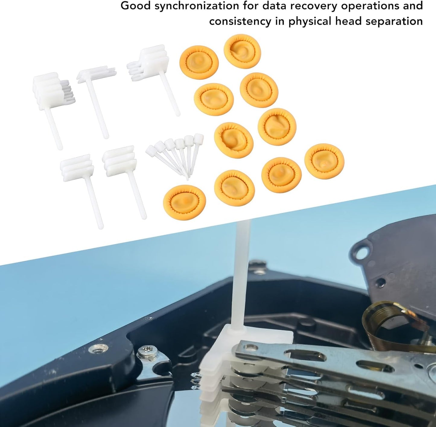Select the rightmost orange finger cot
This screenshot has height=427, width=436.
tap(324, 161)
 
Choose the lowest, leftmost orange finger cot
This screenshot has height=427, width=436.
tap(184, 202)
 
